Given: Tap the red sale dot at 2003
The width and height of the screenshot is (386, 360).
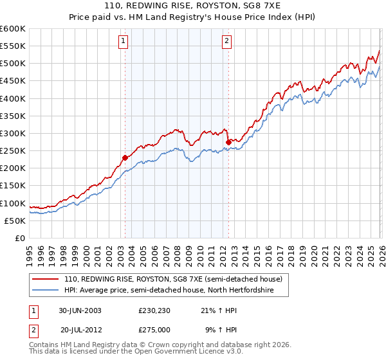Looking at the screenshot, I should click(x=125, y=157).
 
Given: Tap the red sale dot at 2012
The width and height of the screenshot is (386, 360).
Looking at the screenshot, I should click(x=228, y=141).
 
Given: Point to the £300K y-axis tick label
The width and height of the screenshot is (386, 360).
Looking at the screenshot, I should click(x=12, y=133).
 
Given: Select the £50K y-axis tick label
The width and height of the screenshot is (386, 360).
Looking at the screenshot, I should click(x=14, y=221).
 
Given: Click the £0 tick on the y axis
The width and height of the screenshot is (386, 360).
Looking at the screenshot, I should click(x=19, y=238).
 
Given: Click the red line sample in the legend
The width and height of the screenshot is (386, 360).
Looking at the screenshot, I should click(x=45, y=280).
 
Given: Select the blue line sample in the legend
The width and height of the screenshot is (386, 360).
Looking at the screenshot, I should click(x=45, y=291).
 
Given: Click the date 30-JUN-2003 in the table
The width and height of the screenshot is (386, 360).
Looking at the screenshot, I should click(x=80, y=310).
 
